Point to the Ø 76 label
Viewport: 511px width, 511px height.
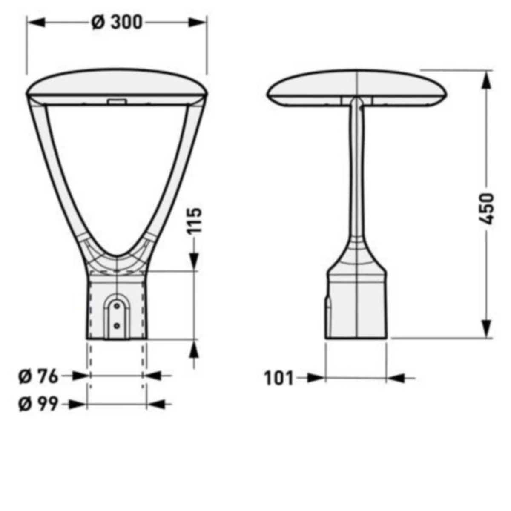point(38,376)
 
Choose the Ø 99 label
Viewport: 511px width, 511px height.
point(38,405)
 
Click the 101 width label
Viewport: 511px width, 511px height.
point(279,378)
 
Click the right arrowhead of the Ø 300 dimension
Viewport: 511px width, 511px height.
point(197,23)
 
